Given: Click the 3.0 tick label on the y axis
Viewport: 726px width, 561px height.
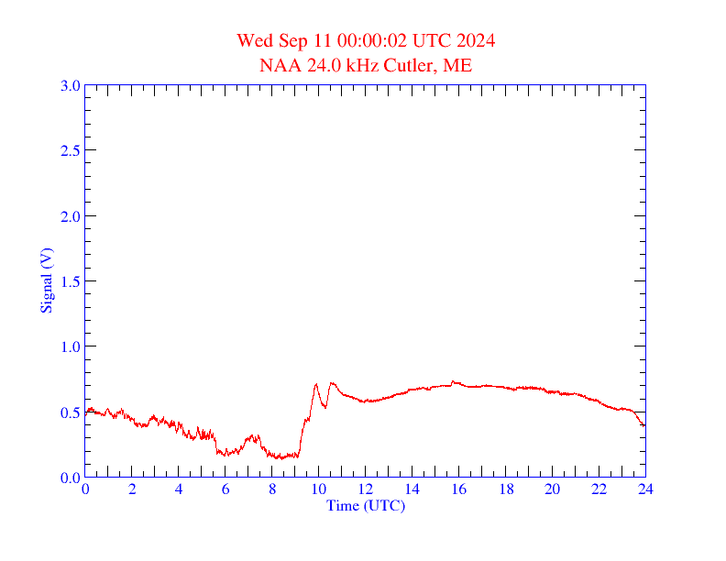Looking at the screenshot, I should (x=70, y=85).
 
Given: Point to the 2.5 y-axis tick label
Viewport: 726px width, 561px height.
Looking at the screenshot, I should (x=70, y=150).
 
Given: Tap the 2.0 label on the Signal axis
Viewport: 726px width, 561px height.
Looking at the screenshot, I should (x=70, y=216).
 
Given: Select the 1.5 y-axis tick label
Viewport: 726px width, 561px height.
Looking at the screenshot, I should (x=70, y=281).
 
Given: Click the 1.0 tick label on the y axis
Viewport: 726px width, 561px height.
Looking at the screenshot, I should (x=70, y=346).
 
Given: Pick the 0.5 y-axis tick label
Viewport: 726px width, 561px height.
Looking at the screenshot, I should (x=70, y=412).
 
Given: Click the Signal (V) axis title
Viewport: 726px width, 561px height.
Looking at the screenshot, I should (x=46, y=280).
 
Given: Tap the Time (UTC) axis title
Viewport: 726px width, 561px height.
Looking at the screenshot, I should (x=366, y=505).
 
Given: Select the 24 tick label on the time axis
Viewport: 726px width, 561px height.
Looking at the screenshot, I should (x=645, y=490).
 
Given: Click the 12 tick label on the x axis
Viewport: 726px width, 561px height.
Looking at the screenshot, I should (x=366, y=490).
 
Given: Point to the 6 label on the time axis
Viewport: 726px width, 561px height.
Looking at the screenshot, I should (x=225, y=490).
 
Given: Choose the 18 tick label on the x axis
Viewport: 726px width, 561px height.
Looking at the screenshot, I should (x=505, y=490).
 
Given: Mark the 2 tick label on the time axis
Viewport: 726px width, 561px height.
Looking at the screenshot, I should (x=132, y=490).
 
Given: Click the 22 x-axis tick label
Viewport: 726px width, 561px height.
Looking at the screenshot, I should (x=599, y=490).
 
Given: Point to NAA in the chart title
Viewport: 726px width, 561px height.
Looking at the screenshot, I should (x=277, y=65).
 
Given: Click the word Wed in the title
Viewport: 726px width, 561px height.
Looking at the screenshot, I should (x=254, y=40).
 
